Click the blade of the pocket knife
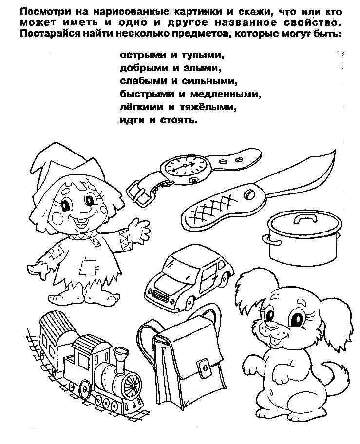pyautogui.click(x=300, y=176)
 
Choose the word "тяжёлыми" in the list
pyautogui.click(x=208, y=107)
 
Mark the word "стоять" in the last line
pyautogui.click(x=178, y=120)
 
